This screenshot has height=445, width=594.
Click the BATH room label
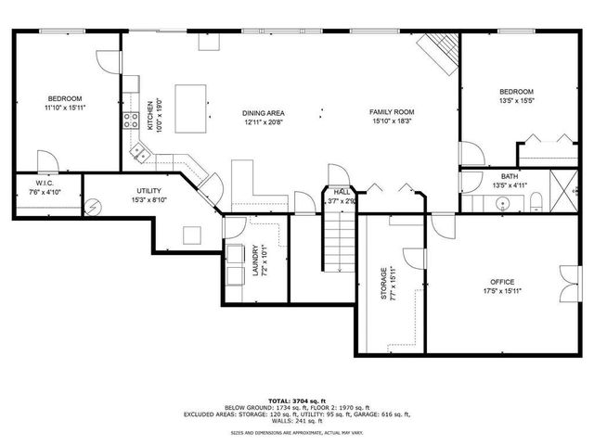(510, 176)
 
